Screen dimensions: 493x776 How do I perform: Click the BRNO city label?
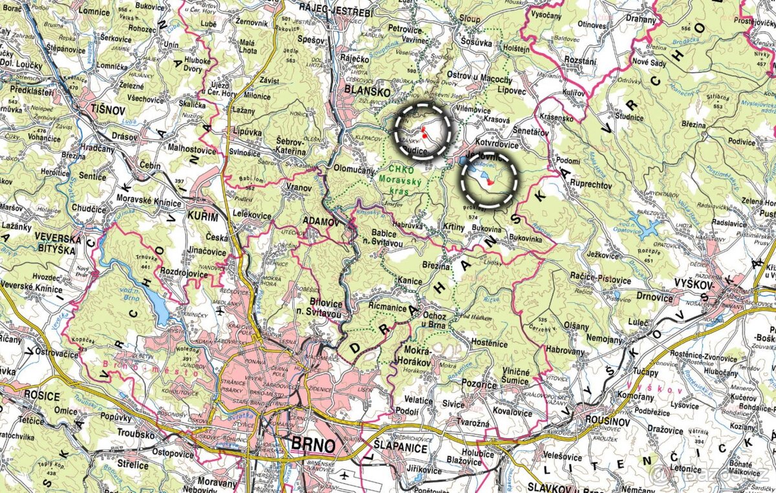pyautogui.click(x=314, y=445)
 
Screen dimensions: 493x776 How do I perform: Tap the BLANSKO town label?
pyautogui.click(x=367, y=92)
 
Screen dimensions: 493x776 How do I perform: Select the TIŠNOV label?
pyautogui.click(x=107, y=109)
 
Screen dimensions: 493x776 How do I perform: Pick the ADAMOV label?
pyautogui.click(x=321, y=222)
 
